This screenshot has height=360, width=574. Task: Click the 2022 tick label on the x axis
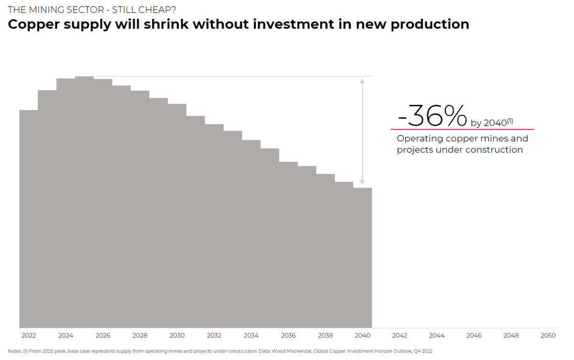tap(28, 336)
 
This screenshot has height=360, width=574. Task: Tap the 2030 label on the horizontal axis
tap(177, 336)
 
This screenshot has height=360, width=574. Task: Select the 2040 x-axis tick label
tap(363, 336)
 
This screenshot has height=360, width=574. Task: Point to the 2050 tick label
tap(548, 336)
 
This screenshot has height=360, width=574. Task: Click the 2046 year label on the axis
tap(474, 336)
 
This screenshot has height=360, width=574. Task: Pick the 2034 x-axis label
tap(251, 336)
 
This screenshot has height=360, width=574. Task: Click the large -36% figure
tap(432, 116)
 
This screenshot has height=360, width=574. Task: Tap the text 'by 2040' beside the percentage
tap(489, 123)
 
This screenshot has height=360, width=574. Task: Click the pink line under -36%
tap(462, 129)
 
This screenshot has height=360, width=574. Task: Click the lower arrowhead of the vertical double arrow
tap(362, 182)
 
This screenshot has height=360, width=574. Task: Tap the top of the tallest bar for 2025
tap(84, 77)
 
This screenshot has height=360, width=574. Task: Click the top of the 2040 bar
tap(363, 188)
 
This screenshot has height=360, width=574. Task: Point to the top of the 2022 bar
tap(28, 111)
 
